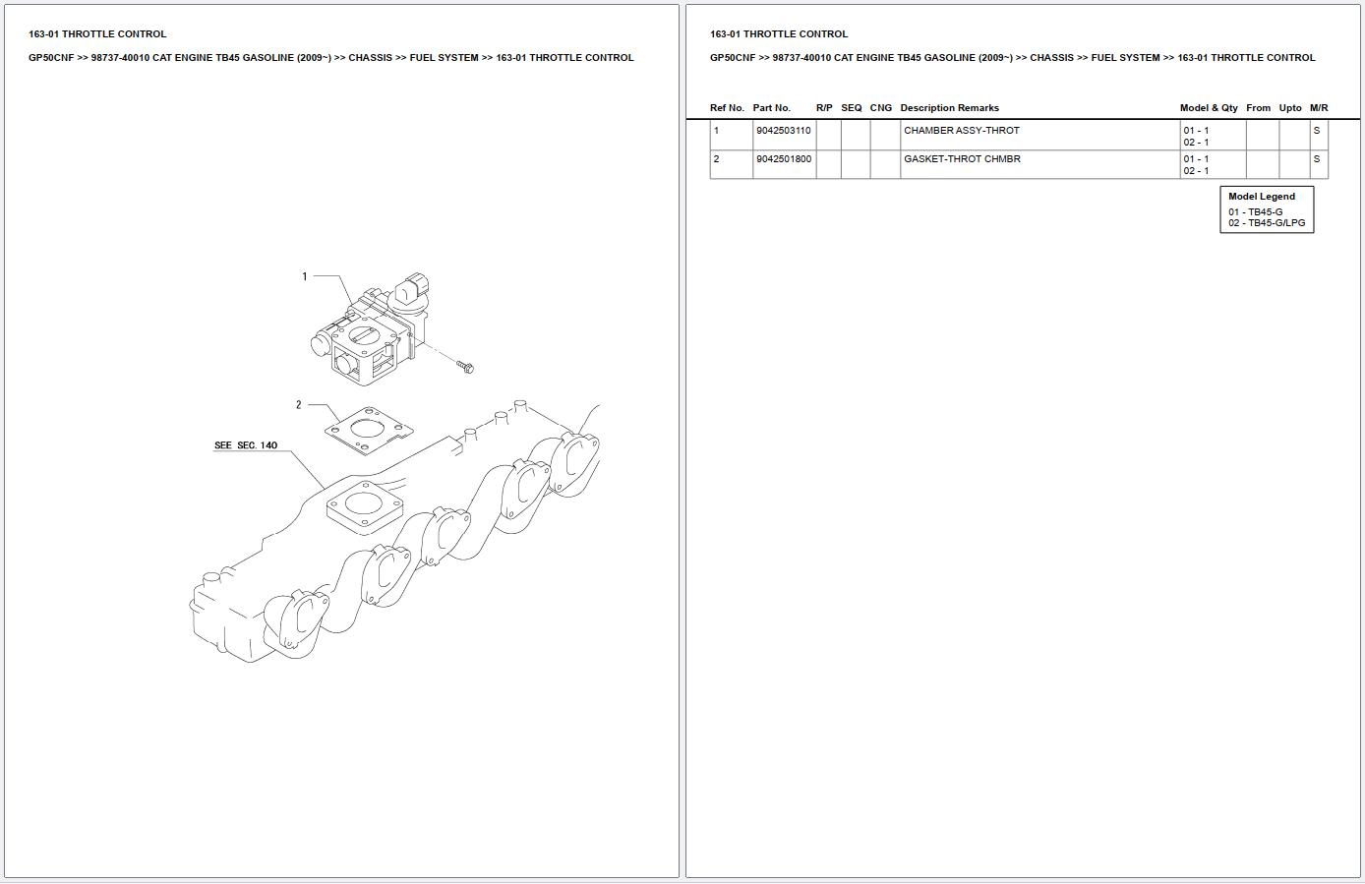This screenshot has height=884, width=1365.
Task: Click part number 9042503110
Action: click(783, 131)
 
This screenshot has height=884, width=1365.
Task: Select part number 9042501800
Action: click(784, 159)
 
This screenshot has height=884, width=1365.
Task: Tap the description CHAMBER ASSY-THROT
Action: click(961, 131)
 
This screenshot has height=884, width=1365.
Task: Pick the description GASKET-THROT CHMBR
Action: click(962, 159)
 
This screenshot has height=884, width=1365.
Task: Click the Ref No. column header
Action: click(727, 108)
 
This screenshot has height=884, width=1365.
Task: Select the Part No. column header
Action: click(771, 108)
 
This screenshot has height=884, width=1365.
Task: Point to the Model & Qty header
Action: click(1209, 108)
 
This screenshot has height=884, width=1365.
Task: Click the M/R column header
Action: click(1319, 108)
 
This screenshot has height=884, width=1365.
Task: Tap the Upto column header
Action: click(1290, 108)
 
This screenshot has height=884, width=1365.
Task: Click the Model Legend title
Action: click(1262, 197)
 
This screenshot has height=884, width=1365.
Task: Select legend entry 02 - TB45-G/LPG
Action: click(1267, 223)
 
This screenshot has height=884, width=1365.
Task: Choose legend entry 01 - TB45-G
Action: click(1255, 212)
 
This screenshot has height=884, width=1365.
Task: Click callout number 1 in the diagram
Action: click(305, 276)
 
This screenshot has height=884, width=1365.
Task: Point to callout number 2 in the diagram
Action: click(299, 404)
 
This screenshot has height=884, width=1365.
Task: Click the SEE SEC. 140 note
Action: click(246, 445)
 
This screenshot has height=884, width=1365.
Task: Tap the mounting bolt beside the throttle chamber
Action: click(465, 366)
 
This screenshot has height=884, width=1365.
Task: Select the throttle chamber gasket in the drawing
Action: click(369, 431)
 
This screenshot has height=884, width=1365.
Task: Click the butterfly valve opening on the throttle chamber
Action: click(365, 335)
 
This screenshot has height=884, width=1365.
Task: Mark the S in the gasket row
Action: click(1316, 159)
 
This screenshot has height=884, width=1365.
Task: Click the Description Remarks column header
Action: click(949, 108)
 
